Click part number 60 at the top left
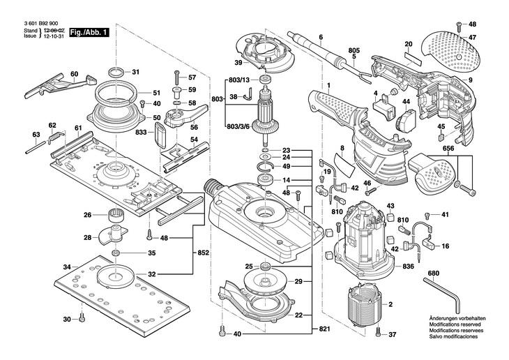tap(75, 73)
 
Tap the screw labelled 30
tap(82, 320)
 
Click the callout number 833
tap(141, 132)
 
